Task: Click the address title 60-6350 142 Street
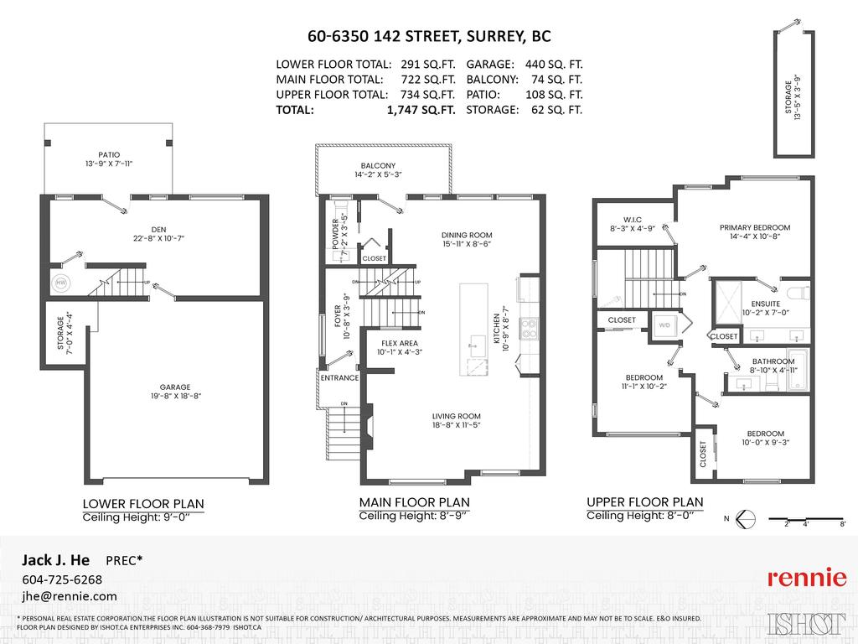click(428, 37)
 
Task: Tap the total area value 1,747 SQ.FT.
click(421, 110)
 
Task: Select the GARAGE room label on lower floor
click(175, 387)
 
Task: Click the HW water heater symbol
click(60, 283)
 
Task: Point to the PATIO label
click(108, 155)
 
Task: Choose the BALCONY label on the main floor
click(378, 166)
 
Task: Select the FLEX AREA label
click(399, 343)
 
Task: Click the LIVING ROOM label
click(456, 417)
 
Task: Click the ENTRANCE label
click(339, 378)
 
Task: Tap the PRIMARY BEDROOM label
click(754, 227)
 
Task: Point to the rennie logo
click(807, 578)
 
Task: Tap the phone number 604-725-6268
click(61, 579)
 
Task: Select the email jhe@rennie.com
click(69, 596)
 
